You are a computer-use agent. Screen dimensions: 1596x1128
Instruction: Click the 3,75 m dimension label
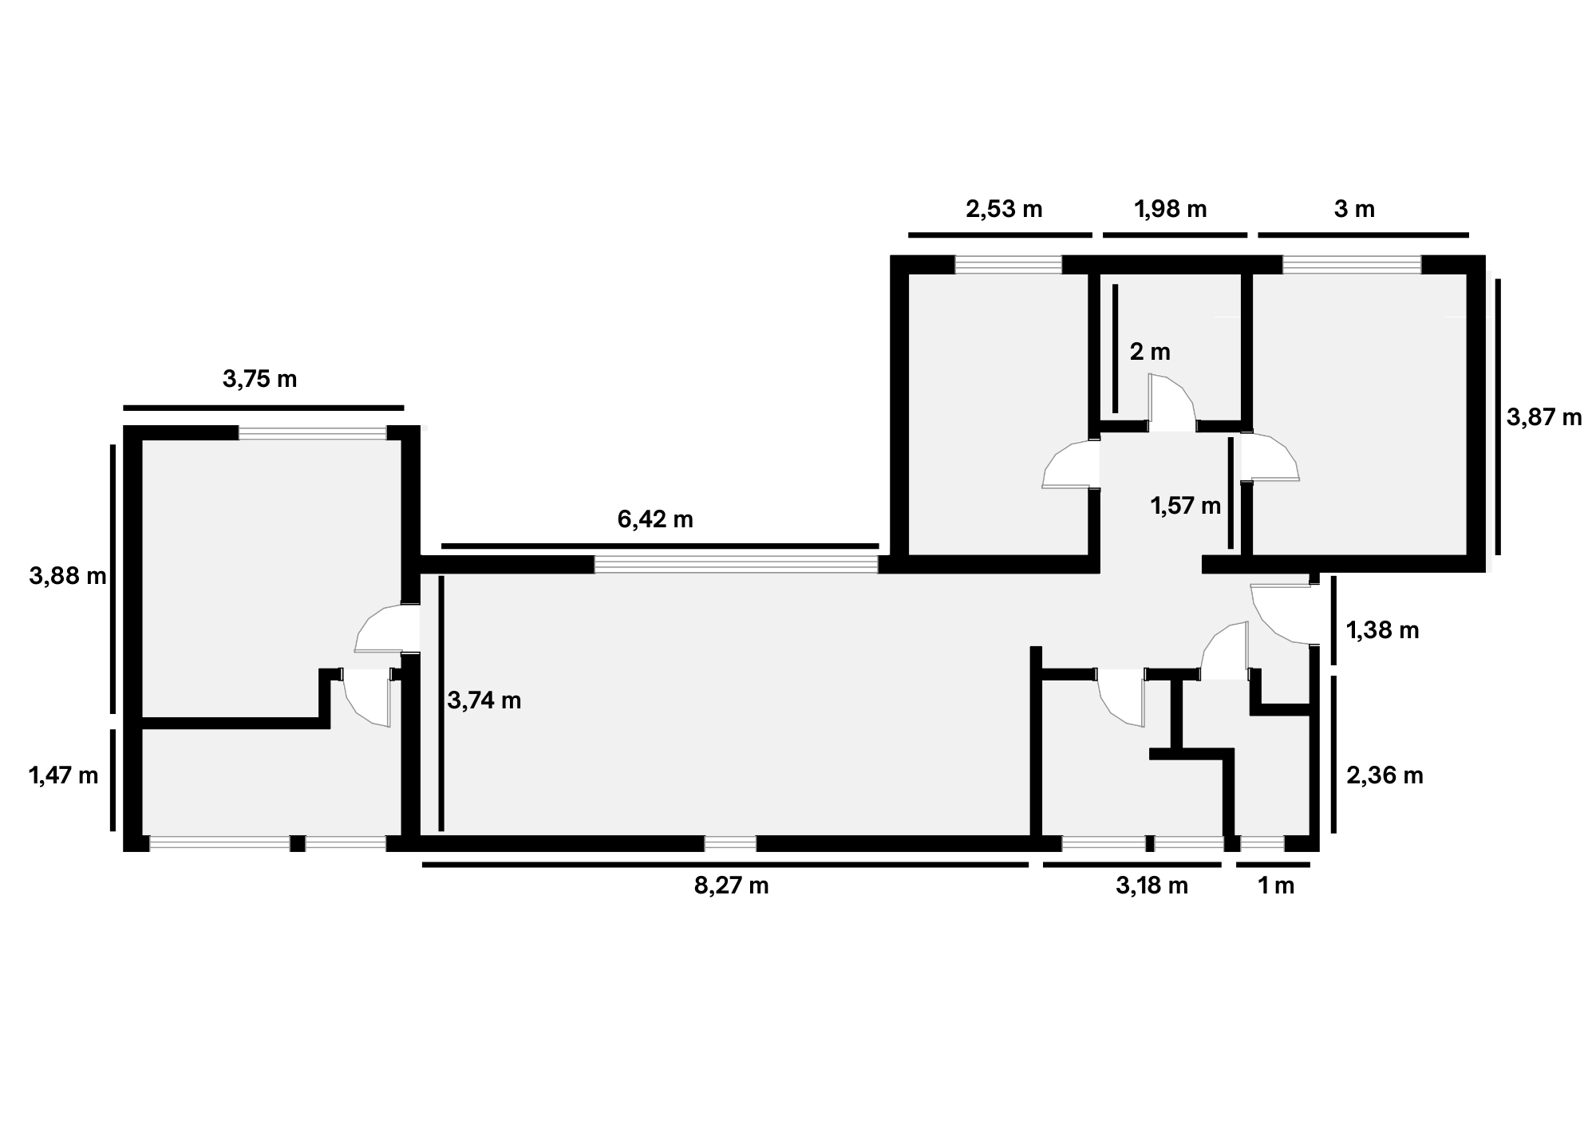pyautogui.click(x=259, y=379)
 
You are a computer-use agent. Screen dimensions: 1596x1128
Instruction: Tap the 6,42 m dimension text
pyautogui.click(x=655, y=519)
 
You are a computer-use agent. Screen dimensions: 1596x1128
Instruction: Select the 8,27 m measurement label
pyautogui.click(x=731, y=885)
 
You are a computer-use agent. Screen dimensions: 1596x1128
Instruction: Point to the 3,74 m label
pyautogui.click(x=484, y=700)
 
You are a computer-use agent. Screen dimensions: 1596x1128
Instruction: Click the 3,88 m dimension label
pyautogui.click(x=68, y=576)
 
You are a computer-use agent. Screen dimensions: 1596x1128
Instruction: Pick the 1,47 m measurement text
pyautogui.click(x=64, y=775)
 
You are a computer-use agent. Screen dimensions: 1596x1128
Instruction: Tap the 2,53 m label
pyautogui.click(x=1004, y=209)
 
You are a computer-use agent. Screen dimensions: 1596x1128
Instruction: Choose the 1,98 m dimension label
pyautogui.click(x=1170, y=209)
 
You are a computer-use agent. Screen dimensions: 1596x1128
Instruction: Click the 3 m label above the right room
pyautogui.click(x=1354, y=209)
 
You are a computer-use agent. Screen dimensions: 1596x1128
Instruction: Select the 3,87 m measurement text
pyautogui.click(x=1544, y=417)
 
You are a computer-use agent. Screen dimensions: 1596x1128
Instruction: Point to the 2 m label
pyautogui.click(x=1150, y=352)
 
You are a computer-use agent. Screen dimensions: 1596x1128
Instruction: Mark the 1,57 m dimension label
pyautogui.click(x=1185, y=506)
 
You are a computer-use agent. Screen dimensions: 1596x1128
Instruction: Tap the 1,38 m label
pyautogui.click(x=1383, y=631)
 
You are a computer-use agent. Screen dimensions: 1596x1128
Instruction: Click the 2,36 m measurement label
pyautogui.click(x=1385, y=775)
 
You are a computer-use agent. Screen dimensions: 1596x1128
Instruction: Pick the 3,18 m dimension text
pyautogui.click(x=1152, y=885)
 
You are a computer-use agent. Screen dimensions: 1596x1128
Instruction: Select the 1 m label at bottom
pyautogui.click(x=1276, y=885)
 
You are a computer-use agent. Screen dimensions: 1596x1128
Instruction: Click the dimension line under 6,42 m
pyautogui.click(x=660, y=546)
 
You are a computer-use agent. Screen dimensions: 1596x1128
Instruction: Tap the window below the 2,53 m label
pyautogui.click(x=1009, y=264)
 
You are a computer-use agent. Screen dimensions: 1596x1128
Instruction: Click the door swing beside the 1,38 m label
pyautogui.click(x=1280, y=615)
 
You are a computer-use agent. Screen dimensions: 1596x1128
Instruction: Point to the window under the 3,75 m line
pyautogui.click(x=313, y=433)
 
